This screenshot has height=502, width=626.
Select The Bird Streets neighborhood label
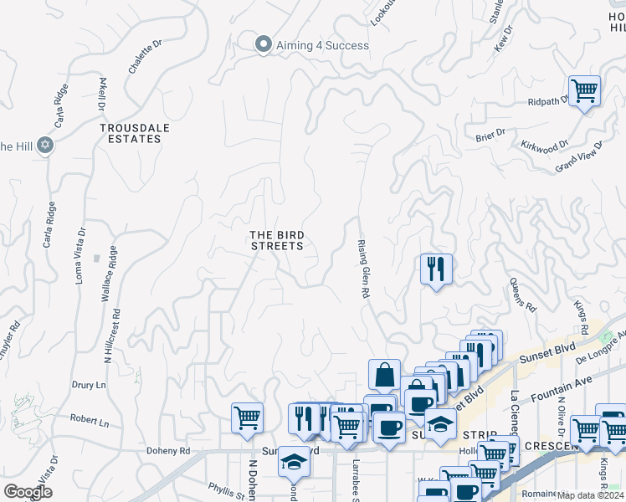277,240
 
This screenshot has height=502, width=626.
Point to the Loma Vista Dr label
80,255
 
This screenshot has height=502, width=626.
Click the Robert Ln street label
90,423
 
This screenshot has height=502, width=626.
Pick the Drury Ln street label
89,385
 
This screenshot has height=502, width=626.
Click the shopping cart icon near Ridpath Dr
584,90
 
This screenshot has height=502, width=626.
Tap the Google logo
28,491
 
